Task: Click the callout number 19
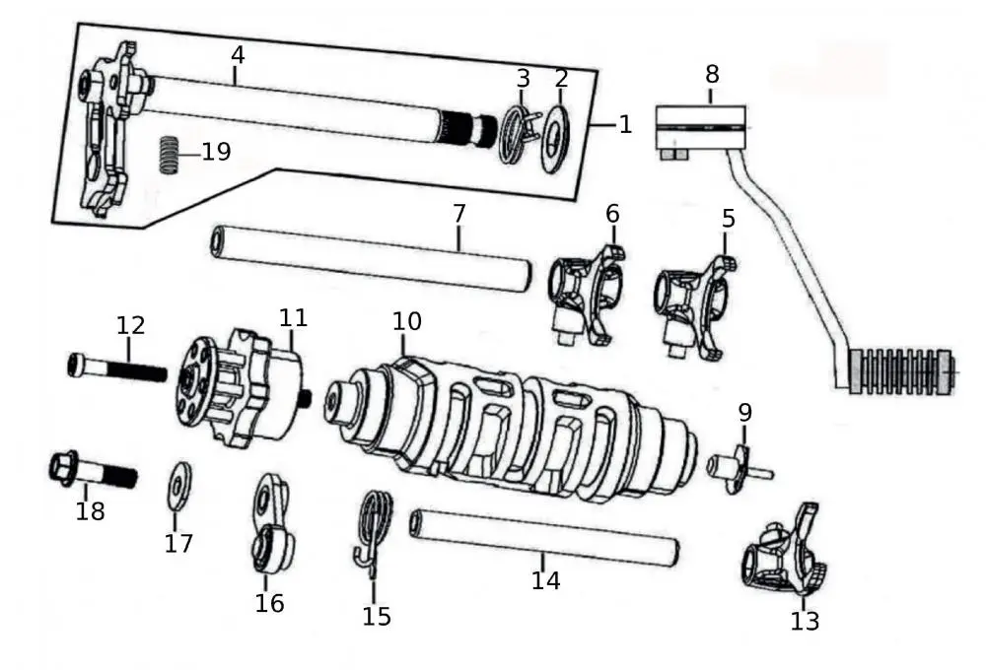(216, 152)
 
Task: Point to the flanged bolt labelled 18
(91, 470)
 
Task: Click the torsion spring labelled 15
(372, 533)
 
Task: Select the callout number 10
(407, 321)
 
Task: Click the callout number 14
(545, 580)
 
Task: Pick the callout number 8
(712, 75)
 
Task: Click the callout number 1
(624, 124)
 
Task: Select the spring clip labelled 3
(514, 133)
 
